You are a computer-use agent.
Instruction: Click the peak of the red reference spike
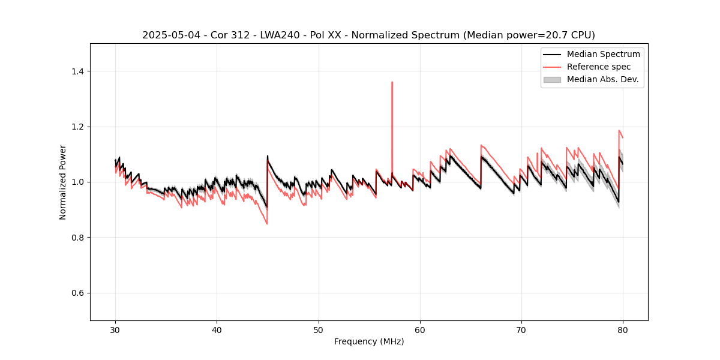[392, 82]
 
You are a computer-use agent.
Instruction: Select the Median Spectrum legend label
[603, 54]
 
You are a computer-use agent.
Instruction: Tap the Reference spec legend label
[599, 67]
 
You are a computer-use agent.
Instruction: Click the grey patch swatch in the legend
[552, 79]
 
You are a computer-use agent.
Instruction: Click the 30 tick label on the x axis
[115, 330]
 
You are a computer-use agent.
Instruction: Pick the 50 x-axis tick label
[319, 330]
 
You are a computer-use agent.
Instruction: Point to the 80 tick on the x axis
[623, 330]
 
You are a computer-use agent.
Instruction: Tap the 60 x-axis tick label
[420, 330]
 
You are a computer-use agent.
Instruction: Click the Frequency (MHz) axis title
[369, 341]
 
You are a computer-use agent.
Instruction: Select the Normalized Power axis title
[63, 182]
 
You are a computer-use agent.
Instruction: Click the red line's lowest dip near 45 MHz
[267, 224]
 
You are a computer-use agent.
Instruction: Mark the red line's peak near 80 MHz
[619, 130]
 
